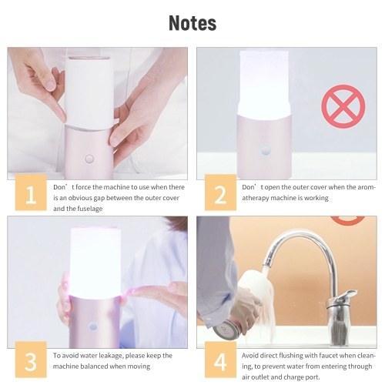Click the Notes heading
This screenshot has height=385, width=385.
tap(192, 23)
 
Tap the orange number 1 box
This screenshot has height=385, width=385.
tap(31, 192)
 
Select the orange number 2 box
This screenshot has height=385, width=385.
tap(220, 192)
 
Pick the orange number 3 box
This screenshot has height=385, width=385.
tap(31, 360)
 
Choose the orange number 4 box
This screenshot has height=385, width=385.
tap(220, 360)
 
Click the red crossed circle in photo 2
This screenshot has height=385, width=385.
tap(343, 106)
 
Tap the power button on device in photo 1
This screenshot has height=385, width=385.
tap(89, 159)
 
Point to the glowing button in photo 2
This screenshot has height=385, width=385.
tap(266, 150)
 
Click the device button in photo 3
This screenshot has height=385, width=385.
tap(92, 326)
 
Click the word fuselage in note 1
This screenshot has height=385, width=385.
tap(89, 209)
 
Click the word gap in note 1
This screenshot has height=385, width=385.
tap(99, 199)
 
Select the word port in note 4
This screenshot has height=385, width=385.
tap(313, 377)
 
